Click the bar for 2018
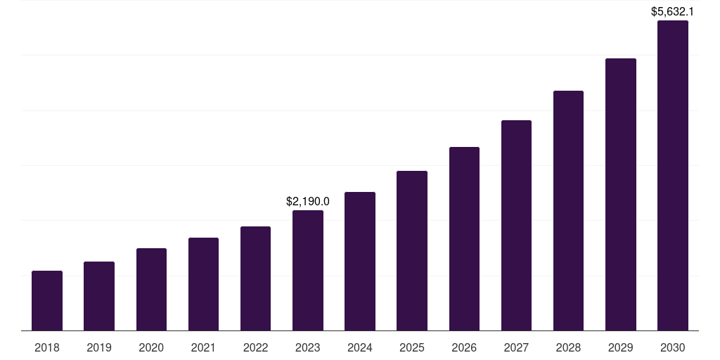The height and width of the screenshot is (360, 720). click(x=47, y=300)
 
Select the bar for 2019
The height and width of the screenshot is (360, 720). click(x=99, y=296)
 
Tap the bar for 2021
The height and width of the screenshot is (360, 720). click(x=203, y=284)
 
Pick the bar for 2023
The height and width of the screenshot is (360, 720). click(x=308, y=270)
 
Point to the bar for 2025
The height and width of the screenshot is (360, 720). click(x=412, y=250)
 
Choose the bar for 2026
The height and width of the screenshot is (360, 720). click(x=464, y=238)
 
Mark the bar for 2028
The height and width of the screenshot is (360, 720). click(x=568, y=210)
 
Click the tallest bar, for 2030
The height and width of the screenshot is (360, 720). click(x=673, y=175)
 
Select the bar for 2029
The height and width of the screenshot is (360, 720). click(x=621, y=194)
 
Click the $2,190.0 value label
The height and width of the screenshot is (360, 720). click(x=308, y=201)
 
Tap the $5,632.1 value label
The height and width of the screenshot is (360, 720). click(x=672, y=11)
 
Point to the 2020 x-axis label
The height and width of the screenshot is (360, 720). click(x=151, y=347)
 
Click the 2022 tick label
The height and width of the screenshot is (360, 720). click(x=255, y=347)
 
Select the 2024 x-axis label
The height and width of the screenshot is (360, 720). click(x=360, y=347)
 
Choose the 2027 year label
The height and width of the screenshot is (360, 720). click(x=516, y=347)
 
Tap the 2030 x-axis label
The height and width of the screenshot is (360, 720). click(x=673, y=347)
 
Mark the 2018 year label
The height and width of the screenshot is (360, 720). click(x=47, y=347)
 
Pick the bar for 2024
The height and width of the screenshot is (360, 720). click(x=360, y=261)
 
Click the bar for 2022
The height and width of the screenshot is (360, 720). click(x=255, y=278)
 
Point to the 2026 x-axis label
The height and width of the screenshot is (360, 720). click(x=464, y=347)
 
